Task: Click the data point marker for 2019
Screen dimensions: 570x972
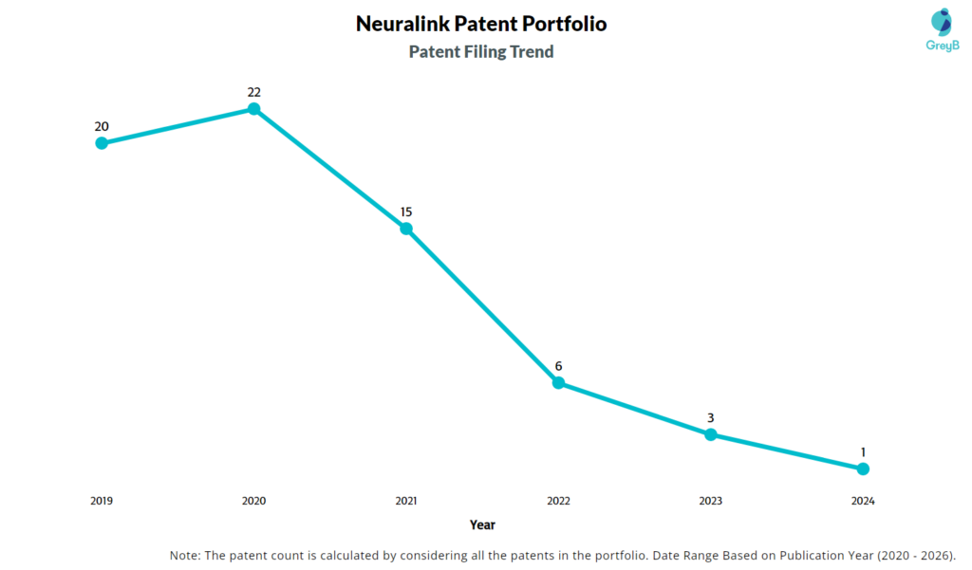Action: (102, 143)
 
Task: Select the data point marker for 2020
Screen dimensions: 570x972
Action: (253, 109)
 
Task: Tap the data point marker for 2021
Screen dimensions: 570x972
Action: (406, 229)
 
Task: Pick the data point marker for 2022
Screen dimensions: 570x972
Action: (558, 382)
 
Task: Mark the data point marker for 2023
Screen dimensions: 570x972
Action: (710, 434)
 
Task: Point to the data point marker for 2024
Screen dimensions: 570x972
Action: (863, 469)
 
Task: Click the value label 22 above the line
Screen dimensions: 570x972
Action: (253, 92)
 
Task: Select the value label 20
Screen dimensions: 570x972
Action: (102, 126)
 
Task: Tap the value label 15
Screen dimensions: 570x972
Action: (406, 211)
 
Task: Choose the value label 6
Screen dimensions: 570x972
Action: (558, 366)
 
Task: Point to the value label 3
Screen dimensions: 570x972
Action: (710, 417)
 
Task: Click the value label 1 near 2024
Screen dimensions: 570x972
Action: (863, 451)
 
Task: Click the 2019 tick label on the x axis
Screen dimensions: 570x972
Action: (102, 501)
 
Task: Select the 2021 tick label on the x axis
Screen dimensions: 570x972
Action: (406, 501)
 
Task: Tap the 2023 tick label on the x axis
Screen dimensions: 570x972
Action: (710, 501)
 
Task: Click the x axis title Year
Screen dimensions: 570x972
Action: (482, 524)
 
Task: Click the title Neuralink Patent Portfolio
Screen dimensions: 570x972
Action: (481, 24)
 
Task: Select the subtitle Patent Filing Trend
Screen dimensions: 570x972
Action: (481, 52)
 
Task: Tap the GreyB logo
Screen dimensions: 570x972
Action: (941, 29)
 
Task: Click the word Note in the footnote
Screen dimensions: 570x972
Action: (185, 555)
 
